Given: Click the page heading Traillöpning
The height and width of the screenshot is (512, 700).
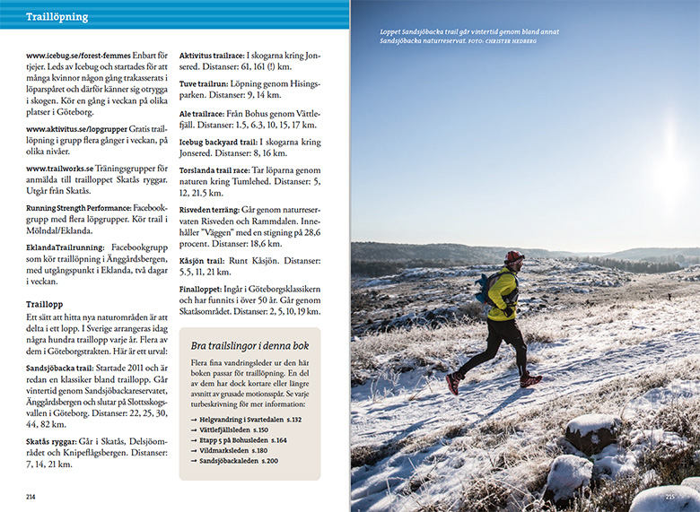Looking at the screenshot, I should [57, 17].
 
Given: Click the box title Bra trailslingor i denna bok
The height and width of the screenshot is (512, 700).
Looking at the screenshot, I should [250, 345].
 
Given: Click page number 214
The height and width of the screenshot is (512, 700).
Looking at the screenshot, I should [31, 496].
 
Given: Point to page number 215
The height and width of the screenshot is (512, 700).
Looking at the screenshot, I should [669, 496].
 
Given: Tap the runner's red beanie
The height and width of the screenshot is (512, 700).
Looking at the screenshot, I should [512, 257].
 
